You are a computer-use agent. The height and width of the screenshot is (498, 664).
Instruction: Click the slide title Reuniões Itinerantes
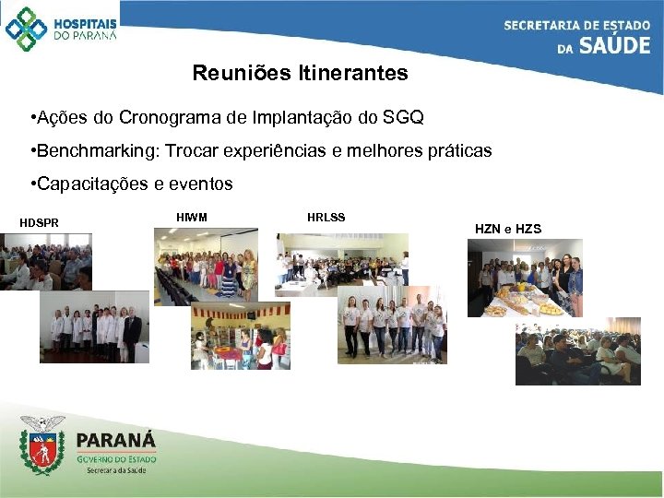(x=300, y=73)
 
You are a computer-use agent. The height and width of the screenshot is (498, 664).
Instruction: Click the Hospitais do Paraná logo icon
(x=25, y=29)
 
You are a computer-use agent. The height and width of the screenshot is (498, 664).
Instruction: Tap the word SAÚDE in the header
(x=615, y=45)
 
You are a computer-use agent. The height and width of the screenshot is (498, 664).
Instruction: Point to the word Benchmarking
(x=89, y=150)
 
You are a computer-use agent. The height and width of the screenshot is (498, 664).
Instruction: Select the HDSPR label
(x=39, y=223)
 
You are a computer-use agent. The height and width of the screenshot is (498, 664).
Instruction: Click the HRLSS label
(x=326, y=218)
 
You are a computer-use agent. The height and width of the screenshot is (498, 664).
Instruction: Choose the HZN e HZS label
(x=507, y=228)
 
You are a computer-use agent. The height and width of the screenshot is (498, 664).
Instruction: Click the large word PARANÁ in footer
(x=116, y=440)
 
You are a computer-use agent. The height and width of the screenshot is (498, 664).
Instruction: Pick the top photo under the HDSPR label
(x=46, y=262)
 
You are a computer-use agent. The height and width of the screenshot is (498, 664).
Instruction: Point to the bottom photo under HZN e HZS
(x=577, y=351)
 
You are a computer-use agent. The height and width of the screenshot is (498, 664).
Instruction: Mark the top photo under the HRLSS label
(x=341, y=264)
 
